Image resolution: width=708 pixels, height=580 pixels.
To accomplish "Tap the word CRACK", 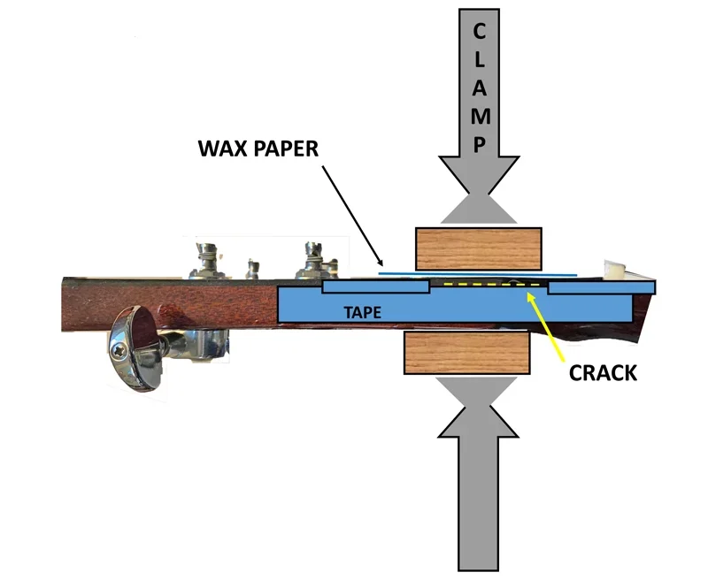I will [602, 372].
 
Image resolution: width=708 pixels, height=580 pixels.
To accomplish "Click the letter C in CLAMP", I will [479, 33].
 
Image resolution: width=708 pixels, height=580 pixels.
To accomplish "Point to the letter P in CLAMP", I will [479, 143].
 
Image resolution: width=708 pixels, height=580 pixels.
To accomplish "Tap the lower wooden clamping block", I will [467, 354].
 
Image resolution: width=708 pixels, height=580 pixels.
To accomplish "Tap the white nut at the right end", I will [614, 270].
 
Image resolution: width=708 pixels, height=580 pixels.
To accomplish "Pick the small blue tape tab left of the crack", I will [376, 287].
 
